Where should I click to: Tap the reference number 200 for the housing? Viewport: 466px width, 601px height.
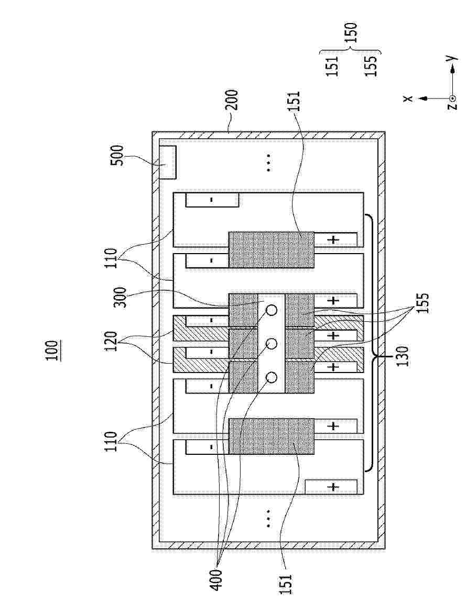[232, 101]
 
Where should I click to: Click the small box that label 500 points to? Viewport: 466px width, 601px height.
[168, 162]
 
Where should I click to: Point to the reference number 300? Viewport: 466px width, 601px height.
[121, 297]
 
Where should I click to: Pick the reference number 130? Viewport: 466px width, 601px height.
[403, 356]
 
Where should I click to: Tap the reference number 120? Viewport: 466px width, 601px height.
[112, 342]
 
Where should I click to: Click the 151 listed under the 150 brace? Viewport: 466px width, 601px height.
[332, 66]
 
